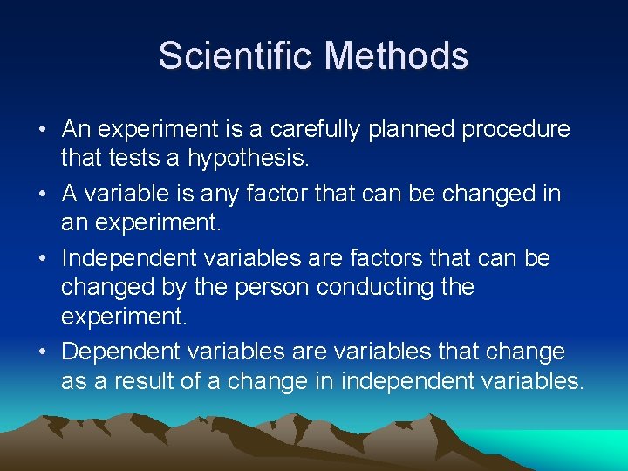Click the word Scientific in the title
pyautogui.click(x=236, y=57)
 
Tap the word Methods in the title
pyautogui.click(x=397, y=57)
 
